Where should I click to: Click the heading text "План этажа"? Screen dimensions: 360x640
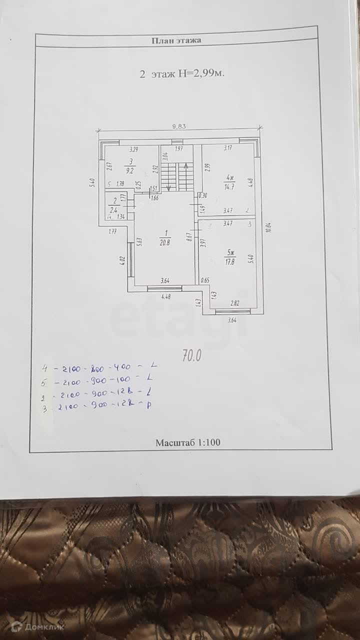click(176, 40)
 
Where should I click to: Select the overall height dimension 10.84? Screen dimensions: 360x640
click(268, 227)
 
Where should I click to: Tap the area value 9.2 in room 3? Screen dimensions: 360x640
click(130, 170)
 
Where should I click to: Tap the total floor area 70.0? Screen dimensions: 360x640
click(191, 355)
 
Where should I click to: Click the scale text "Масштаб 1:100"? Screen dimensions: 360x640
click(187, 442)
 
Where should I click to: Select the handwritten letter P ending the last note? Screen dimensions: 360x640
click(149, 405)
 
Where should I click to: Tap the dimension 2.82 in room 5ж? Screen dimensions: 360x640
click(234, 303)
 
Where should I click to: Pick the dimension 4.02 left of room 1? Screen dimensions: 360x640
click(122, 260)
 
